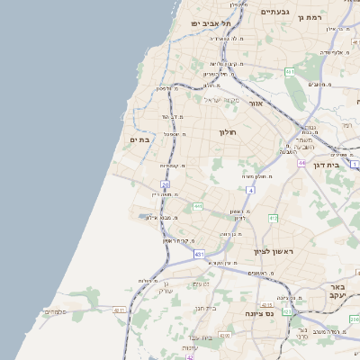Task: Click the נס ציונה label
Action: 261,314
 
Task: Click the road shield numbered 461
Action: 290,71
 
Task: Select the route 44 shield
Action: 302,163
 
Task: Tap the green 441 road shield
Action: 197,207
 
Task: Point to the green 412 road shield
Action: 273,219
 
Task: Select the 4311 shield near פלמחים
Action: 120,310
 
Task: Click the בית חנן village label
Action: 206,308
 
